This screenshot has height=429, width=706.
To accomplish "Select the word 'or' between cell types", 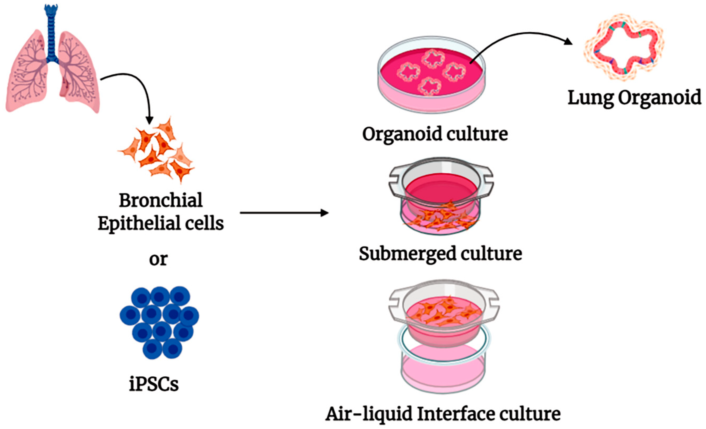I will tap(158, 259).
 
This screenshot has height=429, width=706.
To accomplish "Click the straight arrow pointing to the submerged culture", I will tap(284, 213).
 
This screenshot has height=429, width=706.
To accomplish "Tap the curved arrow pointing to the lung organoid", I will tap(516, 37).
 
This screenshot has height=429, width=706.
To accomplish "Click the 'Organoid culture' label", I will tap(435, 134).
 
